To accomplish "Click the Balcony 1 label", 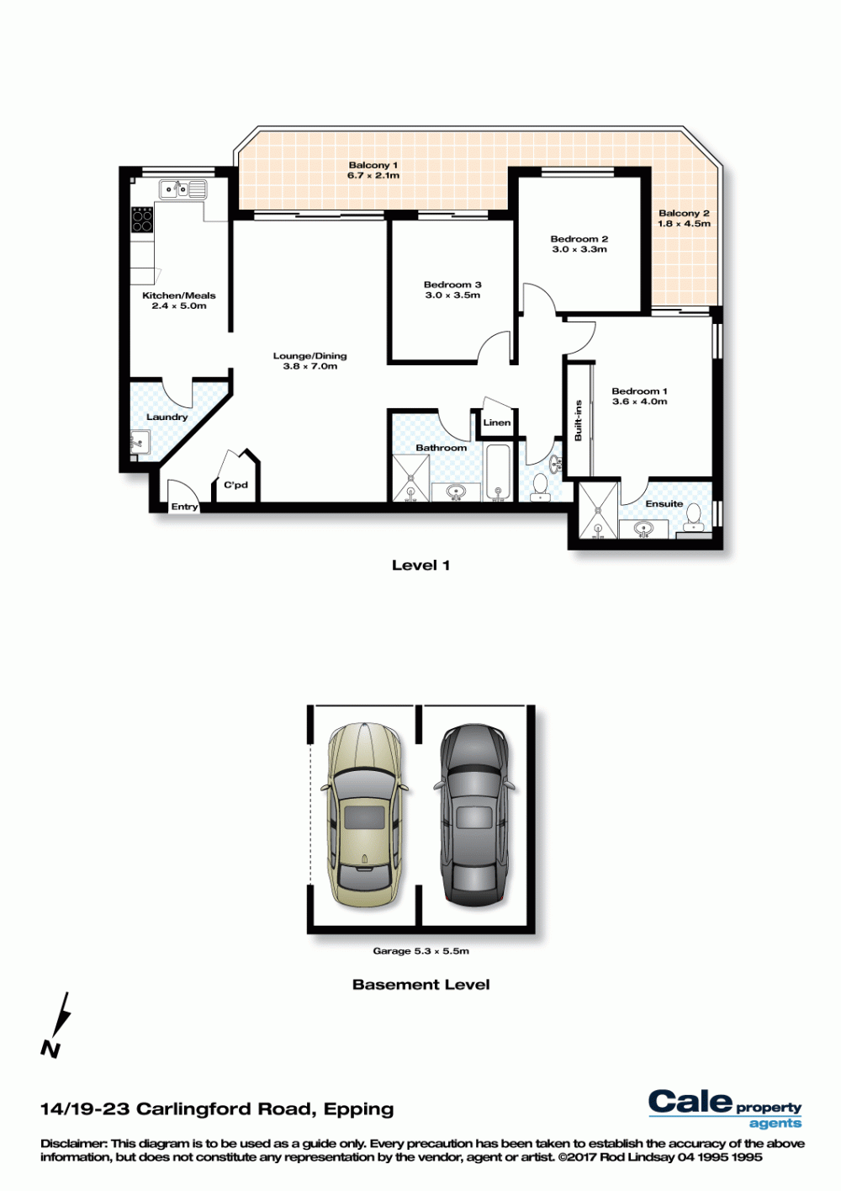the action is point(373,165).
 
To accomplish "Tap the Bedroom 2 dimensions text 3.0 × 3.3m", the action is point(579,249).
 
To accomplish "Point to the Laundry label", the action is point(167,417).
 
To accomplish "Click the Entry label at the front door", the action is point(184,507).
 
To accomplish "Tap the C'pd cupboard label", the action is point(235,485).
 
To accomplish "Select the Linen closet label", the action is point(497,423).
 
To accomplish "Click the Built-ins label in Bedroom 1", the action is point(578,421).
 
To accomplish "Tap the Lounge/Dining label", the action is point(309,356).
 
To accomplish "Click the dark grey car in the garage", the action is point(473,813).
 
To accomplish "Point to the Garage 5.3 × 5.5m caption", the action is point(420,950).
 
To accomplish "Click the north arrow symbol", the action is point(56,1026).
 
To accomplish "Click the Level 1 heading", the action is point(420,565).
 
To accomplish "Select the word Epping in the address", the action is point(358,1110).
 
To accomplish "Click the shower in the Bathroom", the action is point(410,478).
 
